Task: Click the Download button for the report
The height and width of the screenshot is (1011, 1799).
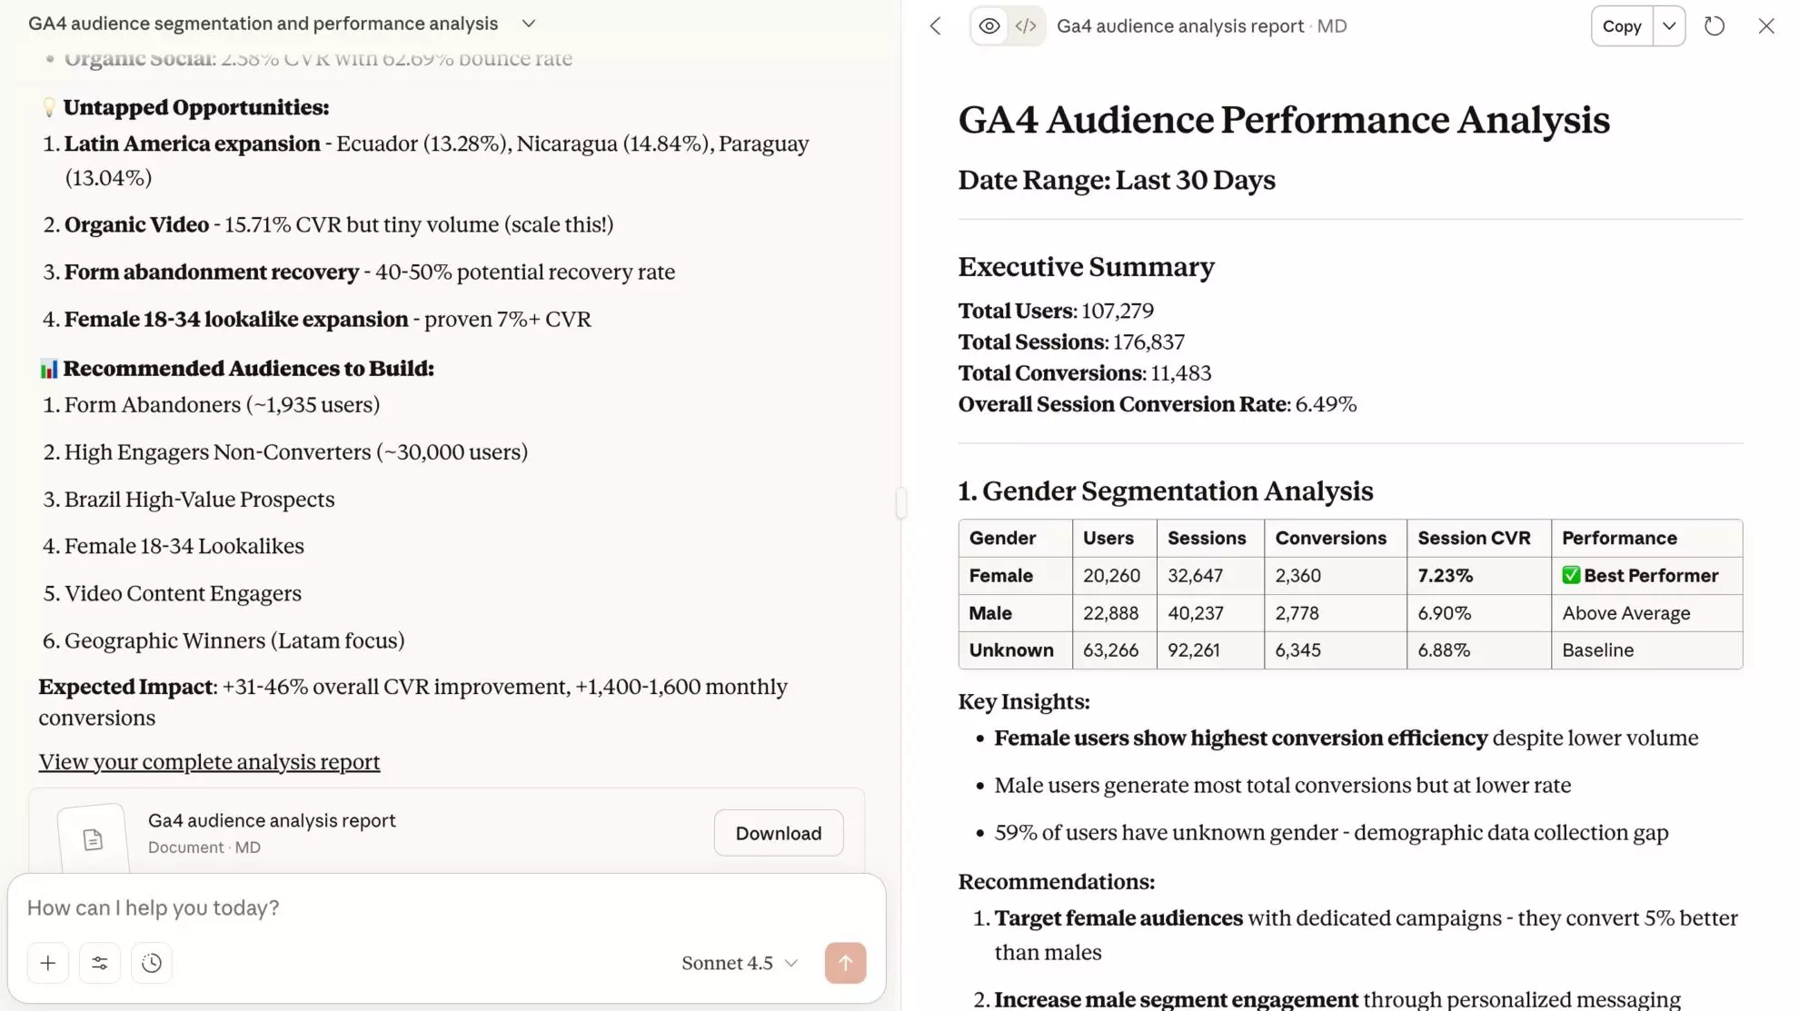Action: pyautogui.click(x=778, y=833)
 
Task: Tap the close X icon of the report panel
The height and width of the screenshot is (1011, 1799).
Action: pyautogui.click(x=1765, y=26)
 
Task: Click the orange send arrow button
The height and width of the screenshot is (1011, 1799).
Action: pyautogui.click(x=845, y=963)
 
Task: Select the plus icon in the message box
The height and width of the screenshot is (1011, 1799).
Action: pyautogui.click(x=48, y=963)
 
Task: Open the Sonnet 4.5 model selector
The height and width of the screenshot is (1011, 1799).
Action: pyautogui.click(x=739, y=963)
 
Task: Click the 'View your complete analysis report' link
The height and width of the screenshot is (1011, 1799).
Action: pyautogui.click(x=209, y=762)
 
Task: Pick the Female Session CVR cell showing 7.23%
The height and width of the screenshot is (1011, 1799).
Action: pyautogui.click(x=1445, y=576)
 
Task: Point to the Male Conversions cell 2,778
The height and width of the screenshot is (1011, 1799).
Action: pyautogui.click(x=1297, y=613)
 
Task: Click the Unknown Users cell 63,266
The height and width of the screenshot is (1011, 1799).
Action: pyautogui.click(x=1110, y=650)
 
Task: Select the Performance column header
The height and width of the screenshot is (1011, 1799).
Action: pyautogui.click(x=1619, y=538)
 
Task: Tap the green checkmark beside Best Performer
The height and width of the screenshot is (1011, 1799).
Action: pyautogui.click(x=1571, y=576)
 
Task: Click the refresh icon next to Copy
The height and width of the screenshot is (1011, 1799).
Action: pyautogui.click(x=1714, y=26)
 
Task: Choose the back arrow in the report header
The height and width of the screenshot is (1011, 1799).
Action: pyautogui.click(x=936, y=26)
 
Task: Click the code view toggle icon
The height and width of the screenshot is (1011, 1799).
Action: pyautogui.click(x=1026, y=26)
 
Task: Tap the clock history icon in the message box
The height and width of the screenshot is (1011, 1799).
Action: pyautogui.click(x=152, y=963)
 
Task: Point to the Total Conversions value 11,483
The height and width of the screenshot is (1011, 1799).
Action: pyautogui.click(x=1180, y=373)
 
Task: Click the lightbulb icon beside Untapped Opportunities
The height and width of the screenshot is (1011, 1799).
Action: pyautogui.click(x=49, y=108)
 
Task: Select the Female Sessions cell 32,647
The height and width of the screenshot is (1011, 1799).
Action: pyautogui.click(x=1195, y=576)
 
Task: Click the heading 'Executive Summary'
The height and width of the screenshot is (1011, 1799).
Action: pyautogui.click(x=1086, y=267)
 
